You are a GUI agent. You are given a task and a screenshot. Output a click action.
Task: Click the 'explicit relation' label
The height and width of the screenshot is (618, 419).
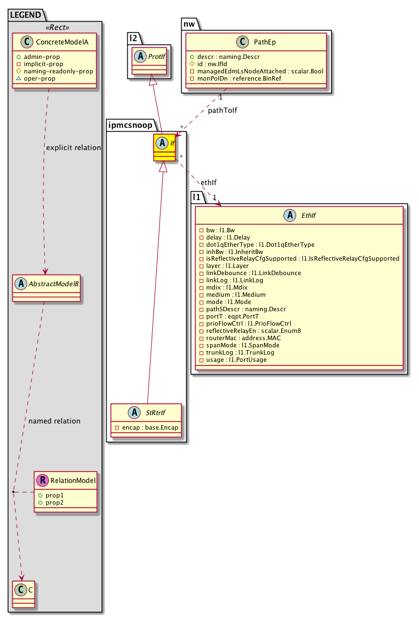(73, 148)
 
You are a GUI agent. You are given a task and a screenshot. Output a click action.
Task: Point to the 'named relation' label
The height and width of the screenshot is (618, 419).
(53, 421)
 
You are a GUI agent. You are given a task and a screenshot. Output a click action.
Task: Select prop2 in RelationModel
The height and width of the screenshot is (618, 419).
(52, 502)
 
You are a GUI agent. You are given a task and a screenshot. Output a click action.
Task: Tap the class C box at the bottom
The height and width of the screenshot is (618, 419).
(23, 594)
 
